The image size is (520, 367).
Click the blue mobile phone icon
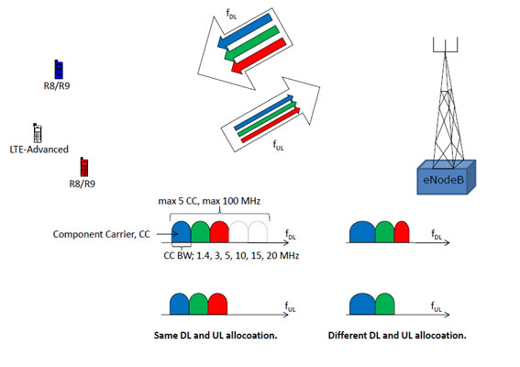pos(59,69)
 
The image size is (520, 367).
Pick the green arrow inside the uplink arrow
pos(266,117)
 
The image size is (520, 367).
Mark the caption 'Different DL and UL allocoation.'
pos(397,335)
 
